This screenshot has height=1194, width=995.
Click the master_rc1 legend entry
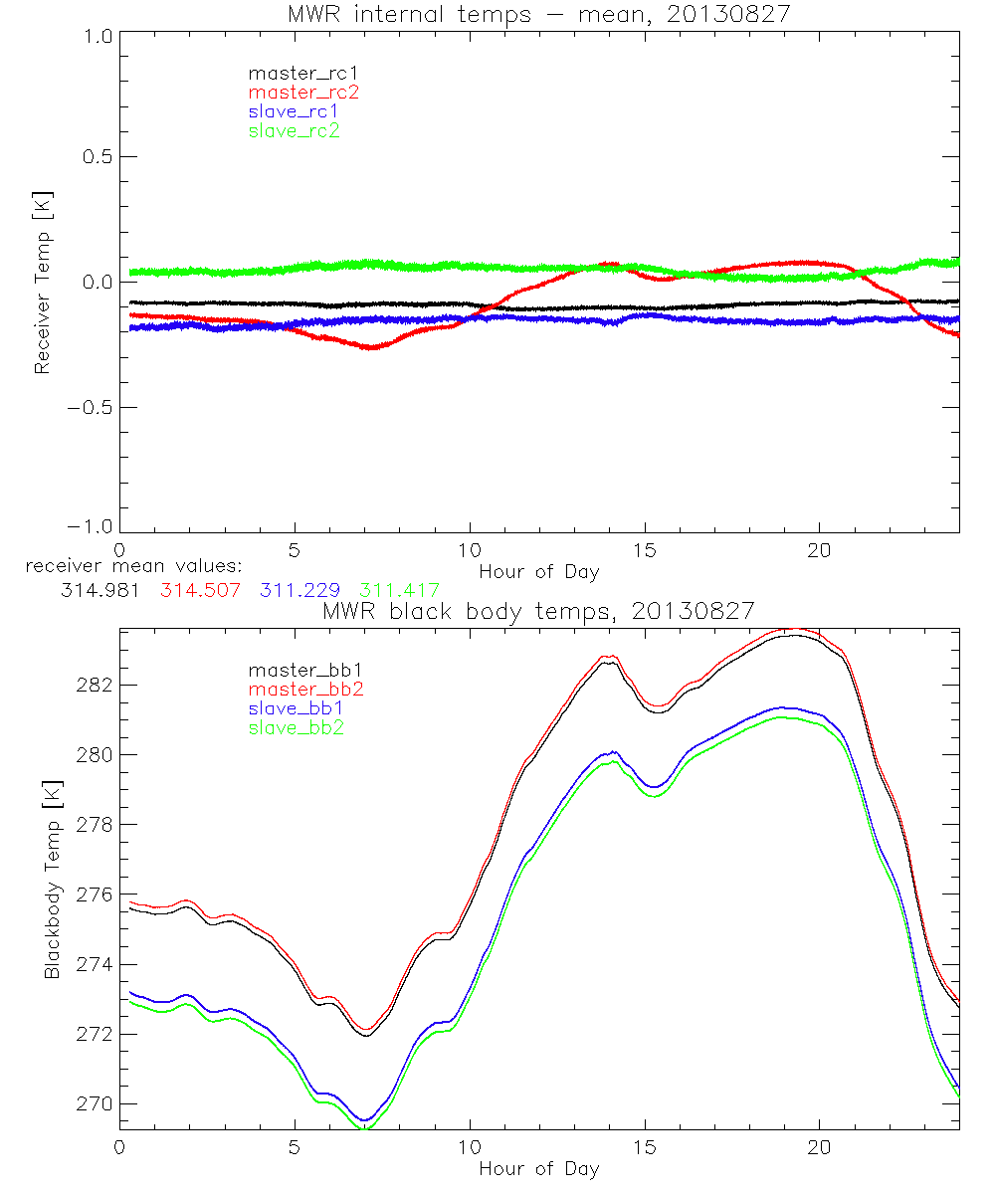[x=294, y=73]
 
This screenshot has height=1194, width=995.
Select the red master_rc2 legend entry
[x=294, y=93]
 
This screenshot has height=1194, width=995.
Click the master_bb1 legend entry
[x=299, y=671]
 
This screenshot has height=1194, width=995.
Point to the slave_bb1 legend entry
[x=296, y=709]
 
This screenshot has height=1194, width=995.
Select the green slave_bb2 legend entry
[x=296, y=728]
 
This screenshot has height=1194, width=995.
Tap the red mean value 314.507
[x=194, y=590]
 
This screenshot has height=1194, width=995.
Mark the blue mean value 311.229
[x=297, y=590]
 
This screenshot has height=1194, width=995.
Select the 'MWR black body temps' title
[x=538, y=610]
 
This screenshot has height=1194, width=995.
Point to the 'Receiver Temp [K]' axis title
[x=42, y=283]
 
